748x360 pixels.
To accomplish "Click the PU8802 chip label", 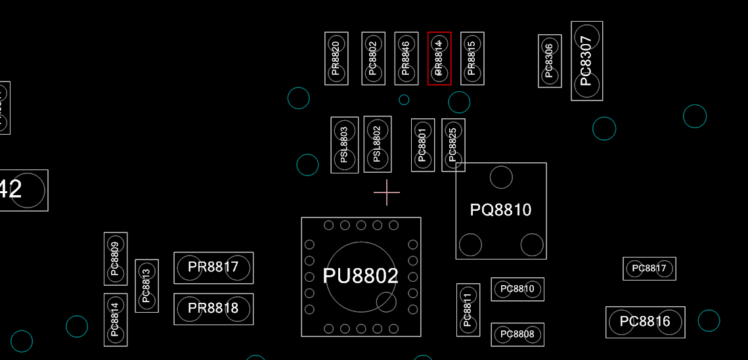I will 361,276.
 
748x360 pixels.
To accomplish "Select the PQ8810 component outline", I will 501,210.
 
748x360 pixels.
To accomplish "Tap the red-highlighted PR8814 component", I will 439,58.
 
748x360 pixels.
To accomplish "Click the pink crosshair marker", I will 387,192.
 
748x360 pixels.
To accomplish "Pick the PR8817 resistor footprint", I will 213,267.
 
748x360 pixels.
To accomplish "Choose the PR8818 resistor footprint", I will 213,309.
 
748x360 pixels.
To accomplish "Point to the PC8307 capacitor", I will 586,61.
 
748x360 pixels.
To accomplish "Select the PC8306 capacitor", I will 550,61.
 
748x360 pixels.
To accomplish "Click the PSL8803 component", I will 344,145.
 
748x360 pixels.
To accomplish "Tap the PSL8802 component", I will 377,145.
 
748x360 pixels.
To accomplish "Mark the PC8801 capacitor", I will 422,145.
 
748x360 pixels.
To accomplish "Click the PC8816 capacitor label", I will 645,322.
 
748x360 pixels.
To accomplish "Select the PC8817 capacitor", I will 649,268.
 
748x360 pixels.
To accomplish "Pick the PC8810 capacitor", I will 517,289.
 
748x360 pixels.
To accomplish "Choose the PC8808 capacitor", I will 517,334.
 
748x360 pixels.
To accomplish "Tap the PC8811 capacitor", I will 468,310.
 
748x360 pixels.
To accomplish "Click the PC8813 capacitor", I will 146,286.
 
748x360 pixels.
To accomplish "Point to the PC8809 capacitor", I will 116,259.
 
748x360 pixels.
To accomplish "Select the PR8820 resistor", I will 336,58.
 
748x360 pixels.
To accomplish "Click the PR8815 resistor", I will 472,58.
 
